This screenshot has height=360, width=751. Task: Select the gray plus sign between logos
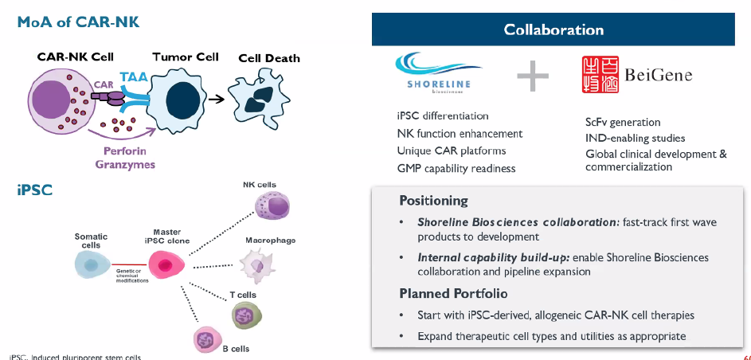(533, 76)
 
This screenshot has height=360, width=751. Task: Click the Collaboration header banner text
(553, 30)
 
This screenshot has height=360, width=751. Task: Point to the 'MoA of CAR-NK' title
(79, 22)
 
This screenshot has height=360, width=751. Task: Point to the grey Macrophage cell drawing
(256, 262)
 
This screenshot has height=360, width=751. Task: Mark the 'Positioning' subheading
(433, 201)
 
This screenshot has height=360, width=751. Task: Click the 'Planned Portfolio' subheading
(453, 294)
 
